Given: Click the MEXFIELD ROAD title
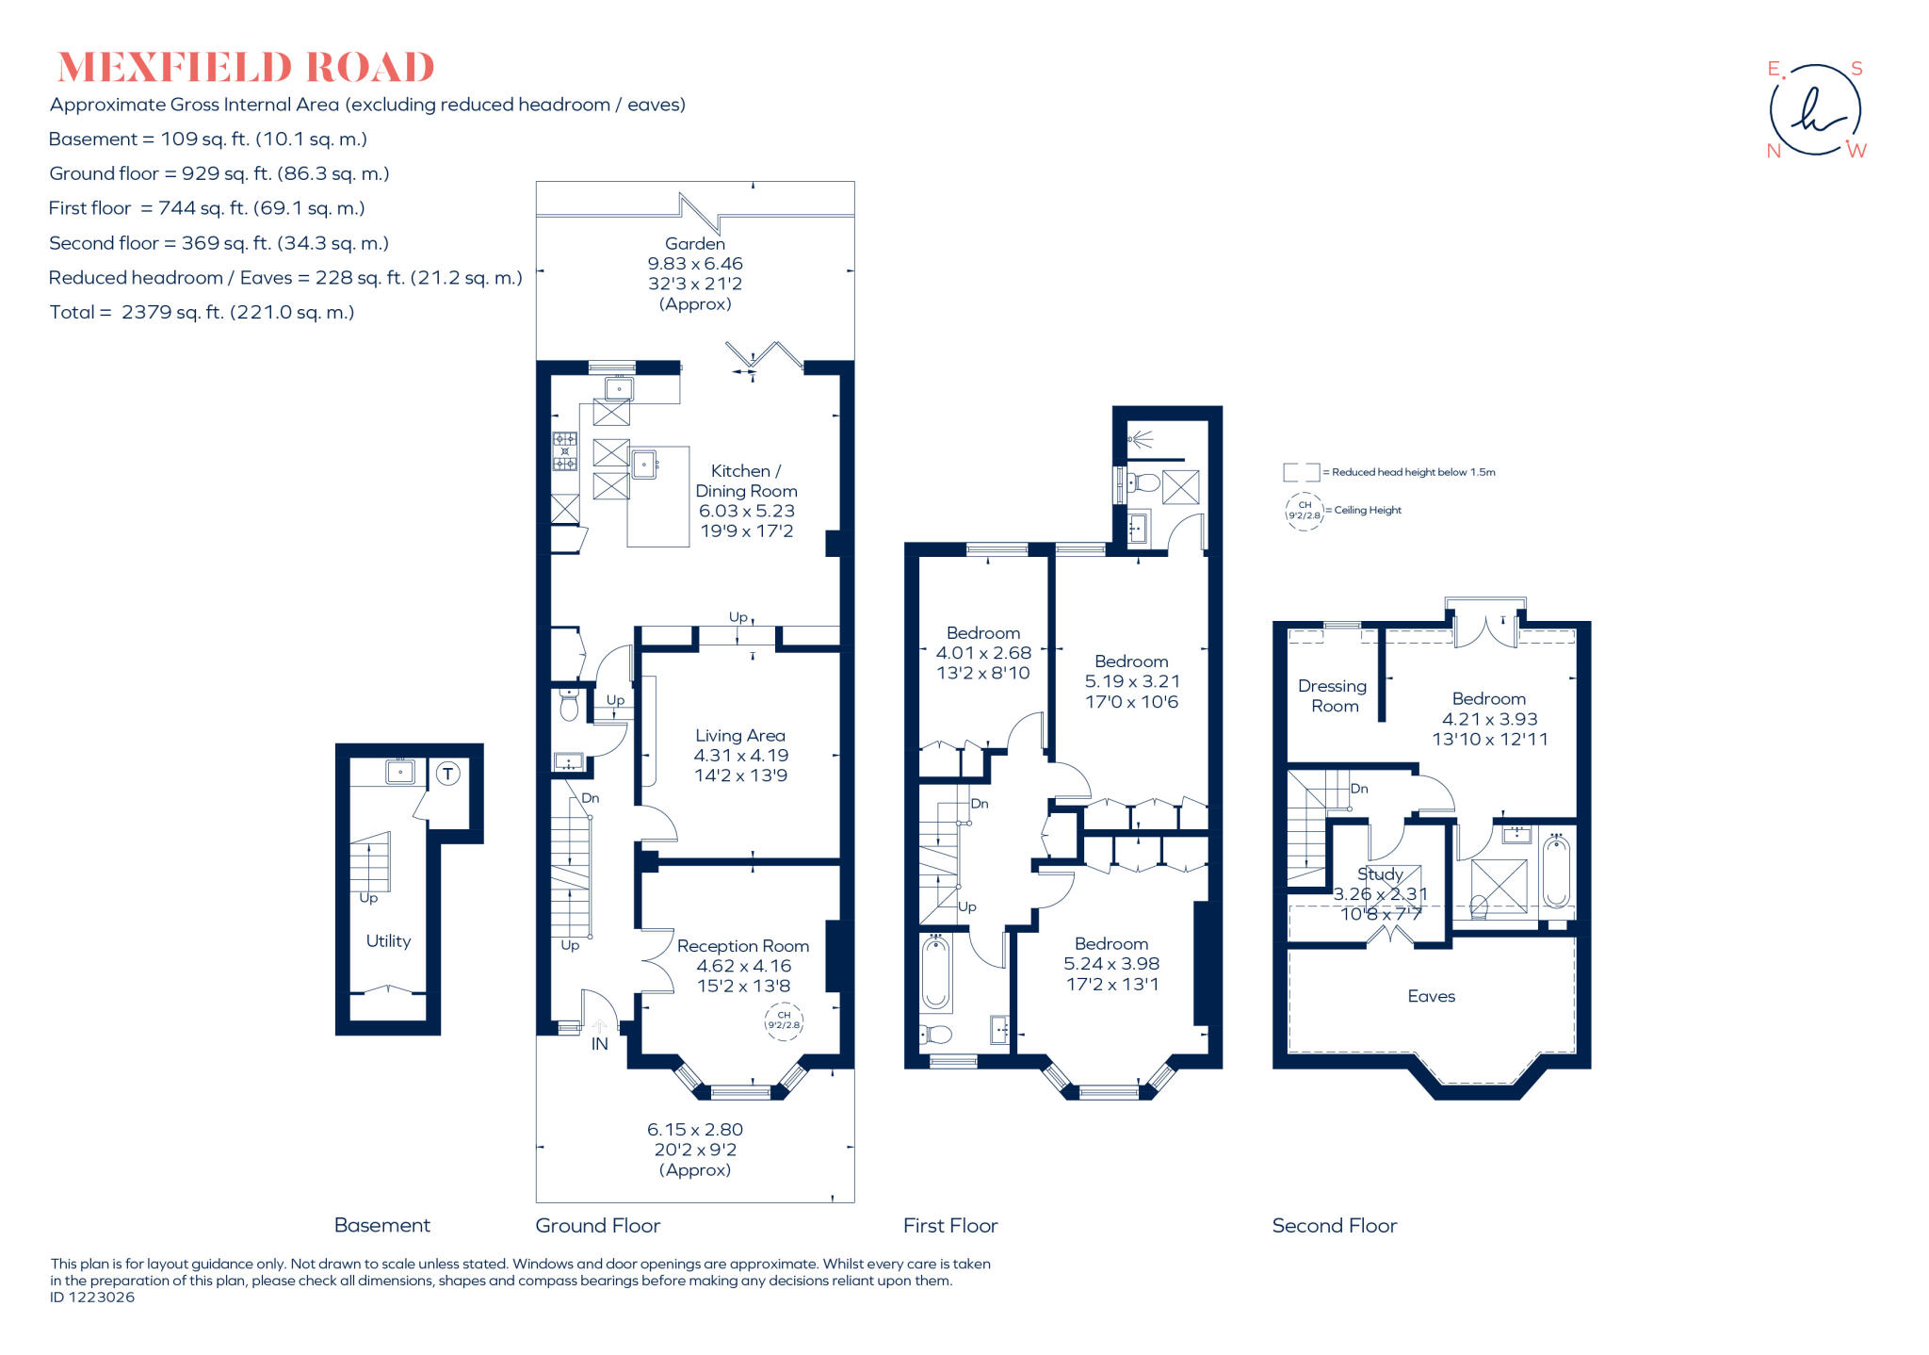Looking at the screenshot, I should coord(246,68).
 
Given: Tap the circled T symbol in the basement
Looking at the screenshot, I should coord(448,775).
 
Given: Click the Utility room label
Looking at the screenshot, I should coord(388,940).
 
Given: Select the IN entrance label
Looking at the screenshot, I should coord(599,1044).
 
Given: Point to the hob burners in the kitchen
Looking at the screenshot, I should coord(565,451).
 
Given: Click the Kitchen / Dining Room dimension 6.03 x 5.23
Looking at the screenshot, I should coord(746,511).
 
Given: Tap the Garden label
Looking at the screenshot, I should coord(694,243).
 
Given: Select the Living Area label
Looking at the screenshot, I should coord(739,735).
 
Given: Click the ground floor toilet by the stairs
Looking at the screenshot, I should coord(569,705).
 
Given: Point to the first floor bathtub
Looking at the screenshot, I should coord(935,972).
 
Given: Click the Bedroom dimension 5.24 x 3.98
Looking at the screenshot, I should coord(1111,964).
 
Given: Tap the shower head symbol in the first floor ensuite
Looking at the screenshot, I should coord(1141,438).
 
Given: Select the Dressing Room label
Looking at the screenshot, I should coord(1334,695).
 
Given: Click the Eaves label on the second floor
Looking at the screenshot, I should coord(1431,996).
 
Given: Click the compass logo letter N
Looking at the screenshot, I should coord(1774,151).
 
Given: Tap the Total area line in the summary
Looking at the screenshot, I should coord(202,312).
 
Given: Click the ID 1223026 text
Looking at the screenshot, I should coord(92,1298).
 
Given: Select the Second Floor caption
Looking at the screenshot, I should coord(1334,1225).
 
